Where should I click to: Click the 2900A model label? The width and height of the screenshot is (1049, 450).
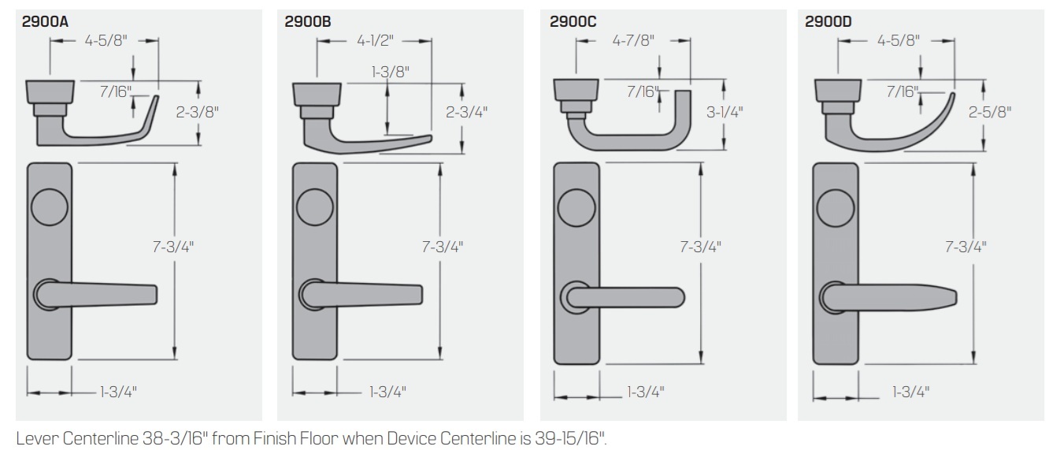(46, 21)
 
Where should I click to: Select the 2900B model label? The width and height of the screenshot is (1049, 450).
(308, 21)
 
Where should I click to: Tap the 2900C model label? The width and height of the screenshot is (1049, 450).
(573, 21)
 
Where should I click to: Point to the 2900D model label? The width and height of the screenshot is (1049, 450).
(828, 21)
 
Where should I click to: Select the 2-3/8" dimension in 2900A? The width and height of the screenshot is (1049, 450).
(199, 111)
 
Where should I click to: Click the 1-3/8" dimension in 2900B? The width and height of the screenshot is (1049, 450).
(391, 72)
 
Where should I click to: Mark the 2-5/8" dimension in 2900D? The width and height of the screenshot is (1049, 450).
(991, 111)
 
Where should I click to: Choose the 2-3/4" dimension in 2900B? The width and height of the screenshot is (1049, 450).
(466, 111)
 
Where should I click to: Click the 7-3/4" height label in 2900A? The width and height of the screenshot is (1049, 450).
(174, 246)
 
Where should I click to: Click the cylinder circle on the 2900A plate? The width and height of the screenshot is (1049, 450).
(50, 208)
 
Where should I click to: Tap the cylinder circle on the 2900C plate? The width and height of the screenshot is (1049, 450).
(575, 208)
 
